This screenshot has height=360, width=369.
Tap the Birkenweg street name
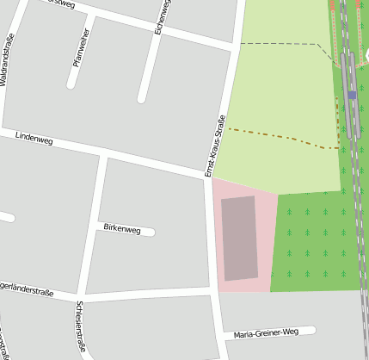click(121, 228)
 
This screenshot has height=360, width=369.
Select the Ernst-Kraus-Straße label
click(214, 146)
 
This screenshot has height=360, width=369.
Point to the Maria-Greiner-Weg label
click(266, 332)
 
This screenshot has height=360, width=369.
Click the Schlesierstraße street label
click(80, 326)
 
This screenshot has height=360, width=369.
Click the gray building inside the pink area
click(240, 238)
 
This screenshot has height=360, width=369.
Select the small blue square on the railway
click(352, 95)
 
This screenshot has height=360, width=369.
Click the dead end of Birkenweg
click(151, 232)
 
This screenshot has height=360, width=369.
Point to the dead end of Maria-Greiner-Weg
click(312, 329)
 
